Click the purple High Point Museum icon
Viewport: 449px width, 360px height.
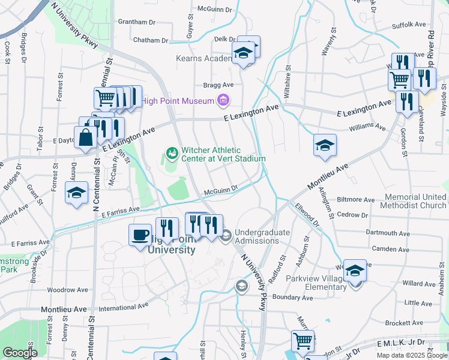(224, 100)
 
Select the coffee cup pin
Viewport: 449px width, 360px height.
(140, 234)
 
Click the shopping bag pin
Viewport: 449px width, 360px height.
(86, 137)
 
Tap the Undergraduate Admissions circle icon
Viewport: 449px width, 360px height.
(226, 236)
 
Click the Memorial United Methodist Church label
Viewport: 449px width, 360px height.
(415, 201)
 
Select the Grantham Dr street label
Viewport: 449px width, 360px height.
(137, 22)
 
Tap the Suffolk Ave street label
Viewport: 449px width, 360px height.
(408, 25)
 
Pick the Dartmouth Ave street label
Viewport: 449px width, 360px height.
(390, 233)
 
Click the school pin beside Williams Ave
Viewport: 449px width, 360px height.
(325, 146)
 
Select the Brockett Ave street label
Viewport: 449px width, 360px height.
(405, 322)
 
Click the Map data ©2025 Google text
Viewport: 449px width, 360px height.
(412, 355)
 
